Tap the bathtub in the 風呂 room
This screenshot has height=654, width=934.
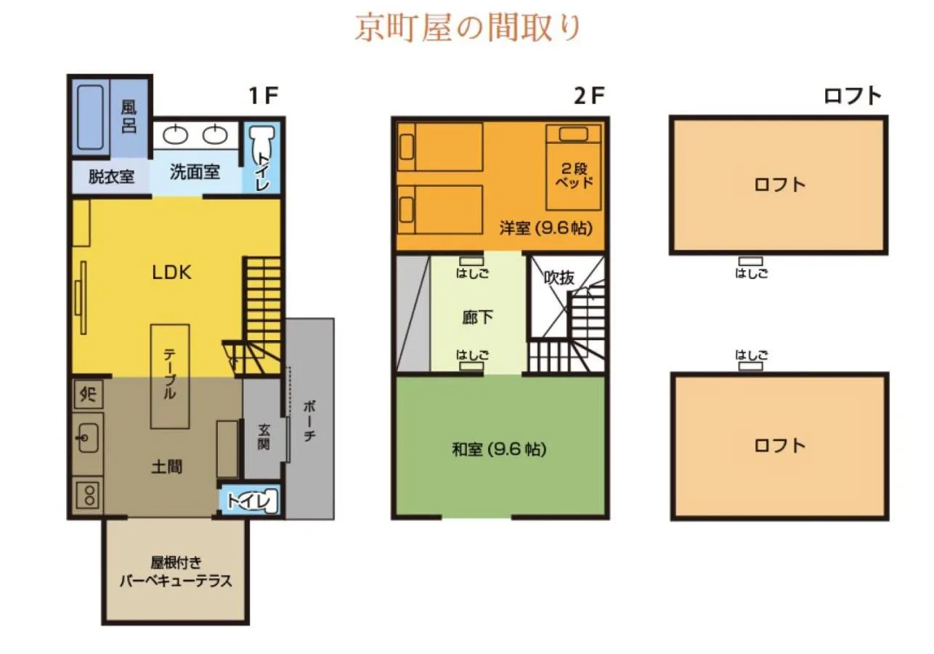(91, 118)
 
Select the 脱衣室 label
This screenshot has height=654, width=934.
(111, 176)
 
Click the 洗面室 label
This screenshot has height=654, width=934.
(195, 172)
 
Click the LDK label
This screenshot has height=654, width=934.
(171, 272)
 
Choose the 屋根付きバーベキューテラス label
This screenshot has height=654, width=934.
(175, 573)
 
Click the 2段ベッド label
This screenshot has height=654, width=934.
(574, 174)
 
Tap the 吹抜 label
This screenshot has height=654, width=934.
(560, 277)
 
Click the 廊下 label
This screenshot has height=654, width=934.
(477, 318)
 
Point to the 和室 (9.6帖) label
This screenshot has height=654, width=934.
(499, 450)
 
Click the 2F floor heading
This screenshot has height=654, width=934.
(588, 96)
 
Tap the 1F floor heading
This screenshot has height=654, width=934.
(263, 96)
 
